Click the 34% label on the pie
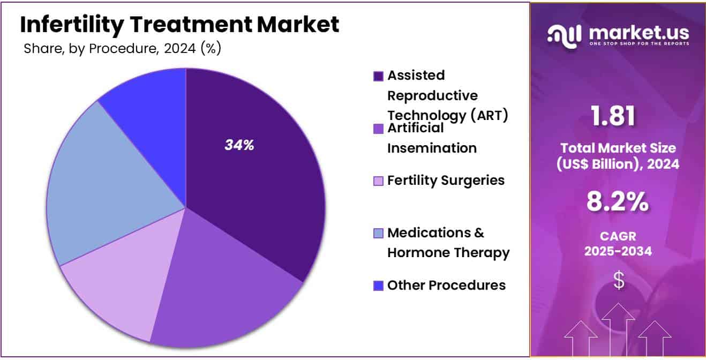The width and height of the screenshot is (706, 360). tap(239, 145)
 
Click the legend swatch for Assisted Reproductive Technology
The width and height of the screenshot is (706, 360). tap(378, 76)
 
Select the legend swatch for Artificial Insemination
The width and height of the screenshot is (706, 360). tap(378, 129)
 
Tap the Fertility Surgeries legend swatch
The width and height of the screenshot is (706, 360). tap(378, 181)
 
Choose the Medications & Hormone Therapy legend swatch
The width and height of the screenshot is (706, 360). tap(378, 233)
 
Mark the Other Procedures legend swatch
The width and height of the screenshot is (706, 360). tap(378, 286)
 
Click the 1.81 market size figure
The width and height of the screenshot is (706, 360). tap(613, 116)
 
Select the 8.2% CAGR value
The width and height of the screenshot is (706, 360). tap(618, 201)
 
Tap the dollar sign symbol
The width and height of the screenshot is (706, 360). tap(619, 280)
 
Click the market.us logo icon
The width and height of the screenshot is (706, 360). tap(565, 37)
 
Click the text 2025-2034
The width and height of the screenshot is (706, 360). tap(618, 251)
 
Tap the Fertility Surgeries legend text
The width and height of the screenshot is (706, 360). tap(446, 181)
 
